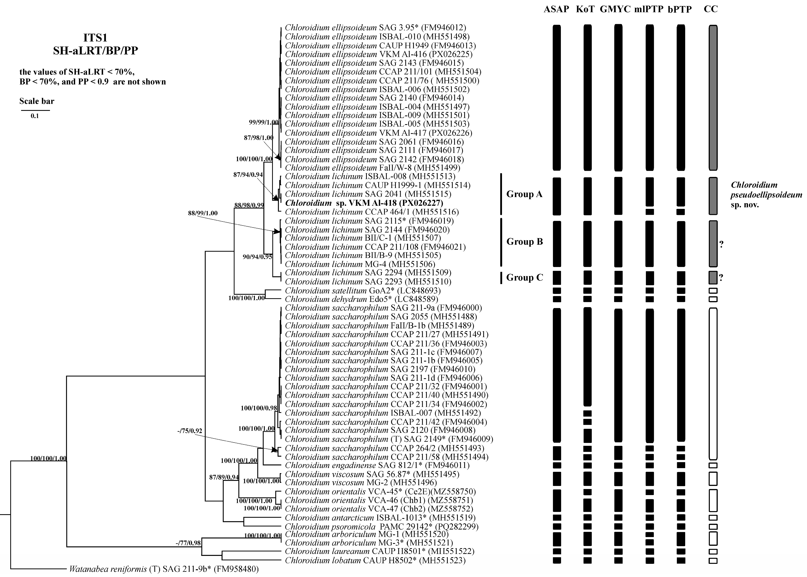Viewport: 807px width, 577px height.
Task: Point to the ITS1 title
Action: tap(95, 38)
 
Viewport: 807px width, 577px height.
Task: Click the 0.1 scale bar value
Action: tap(34, 116)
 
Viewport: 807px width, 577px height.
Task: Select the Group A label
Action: tap(524, 194)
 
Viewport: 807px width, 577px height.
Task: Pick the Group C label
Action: tap(524, 277)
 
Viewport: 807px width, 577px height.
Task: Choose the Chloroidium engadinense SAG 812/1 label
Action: tap(377, 465)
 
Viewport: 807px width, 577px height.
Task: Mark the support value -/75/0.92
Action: tap(190, 431)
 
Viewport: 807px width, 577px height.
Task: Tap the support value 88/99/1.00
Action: tap(203, 213)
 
